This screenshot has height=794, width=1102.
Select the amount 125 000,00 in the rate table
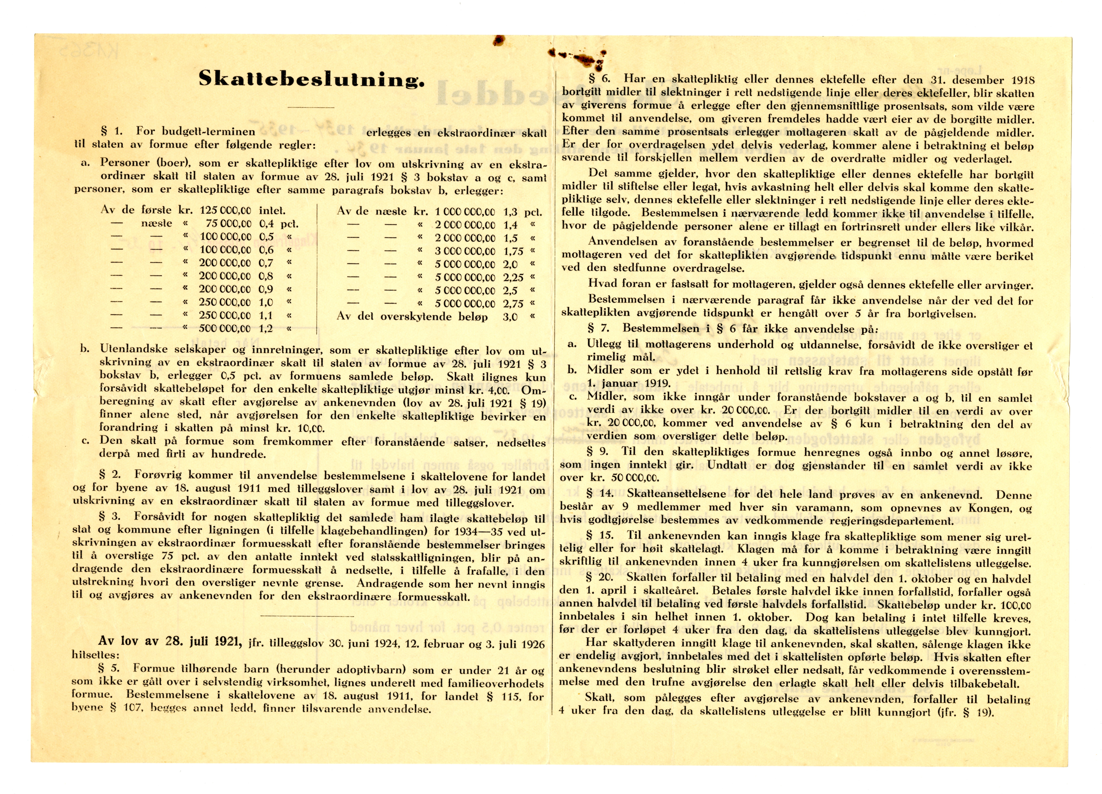(225, 211)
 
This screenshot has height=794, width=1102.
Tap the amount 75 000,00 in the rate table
(228, 224)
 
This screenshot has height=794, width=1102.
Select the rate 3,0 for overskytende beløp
(510, 317)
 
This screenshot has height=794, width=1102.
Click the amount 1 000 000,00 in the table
(465, 212)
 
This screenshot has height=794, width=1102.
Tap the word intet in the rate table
(272, 211)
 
